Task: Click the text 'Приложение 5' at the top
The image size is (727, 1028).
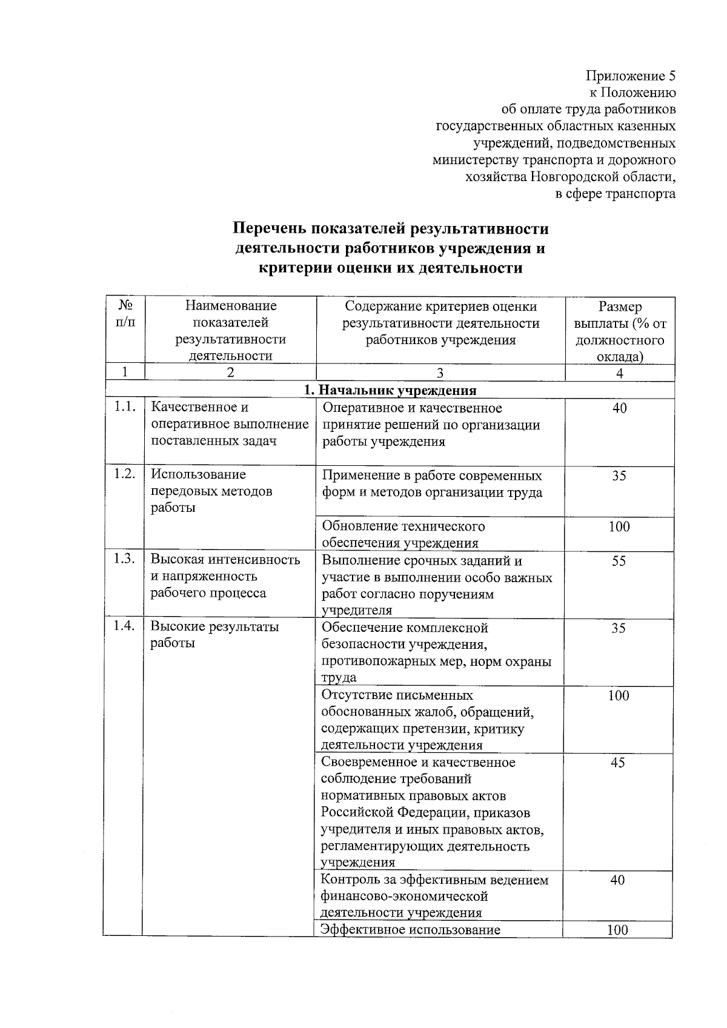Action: click(x=630, y=76)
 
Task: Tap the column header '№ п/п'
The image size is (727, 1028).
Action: click(x=125, y=314)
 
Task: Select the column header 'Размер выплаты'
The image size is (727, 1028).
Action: click(x=620, y=331)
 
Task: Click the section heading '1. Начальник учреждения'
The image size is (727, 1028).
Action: click(x=390, y=391)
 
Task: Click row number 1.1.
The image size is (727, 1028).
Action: click(x=125, y=407)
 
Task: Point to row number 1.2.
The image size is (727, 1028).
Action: click(x=125, y=474)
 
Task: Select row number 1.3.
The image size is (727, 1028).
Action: click(x=125, y=559)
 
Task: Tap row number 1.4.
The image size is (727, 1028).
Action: click(x=124, y=626)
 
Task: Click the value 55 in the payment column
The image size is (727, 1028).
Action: click(x=619, y=561)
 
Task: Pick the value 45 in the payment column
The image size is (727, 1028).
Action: click(x=617, y=763)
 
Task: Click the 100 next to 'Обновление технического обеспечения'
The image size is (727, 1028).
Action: click(x=619, y=526)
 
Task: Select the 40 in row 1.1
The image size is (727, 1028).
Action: click(x=619, y=408)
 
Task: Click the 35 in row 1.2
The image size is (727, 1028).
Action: click(x=619, y=476)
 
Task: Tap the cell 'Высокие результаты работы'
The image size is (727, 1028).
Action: click(x=214, y=635)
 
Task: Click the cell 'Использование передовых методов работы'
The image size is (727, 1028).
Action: click(x=211, y=491)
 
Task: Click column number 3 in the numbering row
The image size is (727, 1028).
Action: click(x=440, y=373)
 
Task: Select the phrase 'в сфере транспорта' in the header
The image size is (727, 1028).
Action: click(x=616, y=194)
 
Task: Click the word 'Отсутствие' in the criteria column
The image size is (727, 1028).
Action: click(x=354, y=695)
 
